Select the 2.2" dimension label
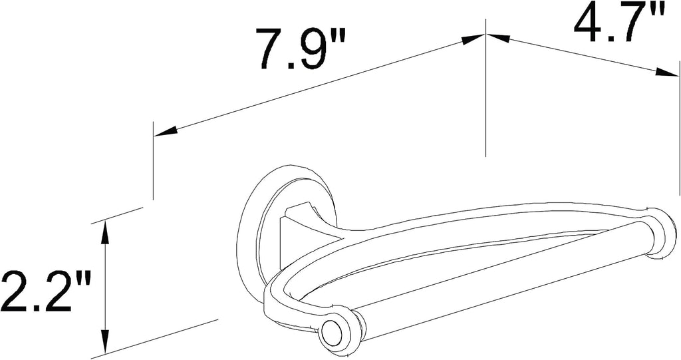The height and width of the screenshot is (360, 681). point(46,291)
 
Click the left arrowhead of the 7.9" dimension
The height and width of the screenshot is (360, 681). point(166,131)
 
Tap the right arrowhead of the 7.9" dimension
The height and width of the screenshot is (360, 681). point(473,39)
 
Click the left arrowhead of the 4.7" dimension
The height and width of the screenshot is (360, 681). point(497,38)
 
